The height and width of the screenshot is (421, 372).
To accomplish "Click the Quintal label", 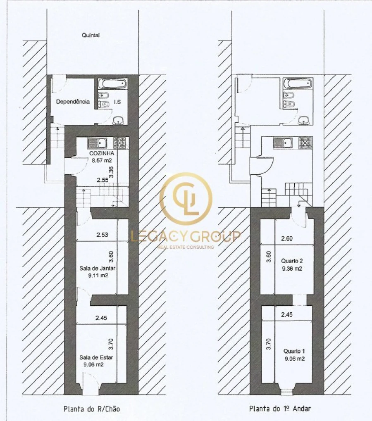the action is point(91,35).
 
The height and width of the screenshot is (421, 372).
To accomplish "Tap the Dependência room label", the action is point(73,102).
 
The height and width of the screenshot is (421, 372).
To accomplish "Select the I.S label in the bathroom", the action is point(117,102).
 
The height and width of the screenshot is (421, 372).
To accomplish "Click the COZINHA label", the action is point(102,153).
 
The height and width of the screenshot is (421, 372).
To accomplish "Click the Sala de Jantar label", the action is point(97,268).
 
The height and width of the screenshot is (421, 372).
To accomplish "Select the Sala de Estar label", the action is point(96,358).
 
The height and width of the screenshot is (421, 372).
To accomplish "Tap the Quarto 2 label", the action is point(292,261).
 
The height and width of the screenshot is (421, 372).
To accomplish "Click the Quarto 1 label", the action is point(294,351).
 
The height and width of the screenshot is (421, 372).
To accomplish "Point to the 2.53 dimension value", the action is point(103,235).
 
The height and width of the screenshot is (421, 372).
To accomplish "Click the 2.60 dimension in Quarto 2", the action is point(286,238).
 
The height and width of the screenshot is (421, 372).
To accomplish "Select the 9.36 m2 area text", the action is point(292,269).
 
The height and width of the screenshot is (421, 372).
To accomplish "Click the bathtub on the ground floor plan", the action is point(112,83).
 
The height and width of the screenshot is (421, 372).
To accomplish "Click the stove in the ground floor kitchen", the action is point(119,143).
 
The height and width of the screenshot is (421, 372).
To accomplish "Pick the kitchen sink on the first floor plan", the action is point(283,143).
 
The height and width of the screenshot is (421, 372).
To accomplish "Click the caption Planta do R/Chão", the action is point(92,409).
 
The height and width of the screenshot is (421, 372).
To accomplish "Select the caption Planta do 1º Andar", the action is point(280,409).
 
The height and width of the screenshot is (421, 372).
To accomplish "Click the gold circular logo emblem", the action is point(186,199).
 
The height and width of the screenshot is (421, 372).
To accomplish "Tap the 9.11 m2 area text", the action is point(98,275).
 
